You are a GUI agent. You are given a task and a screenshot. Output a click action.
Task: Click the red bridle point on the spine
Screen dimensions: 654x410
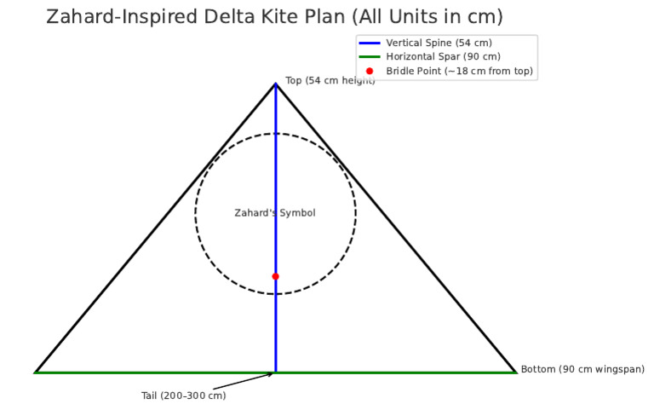(x=275, y=276)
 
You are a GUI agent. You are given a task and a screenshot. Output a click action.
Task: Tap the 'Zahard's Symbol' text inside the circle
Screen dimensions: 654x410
(x=275, y=213)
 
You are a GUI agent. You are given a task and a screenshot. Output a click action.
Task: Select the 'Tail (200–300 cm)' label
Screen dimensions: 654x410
(x=183, y=396)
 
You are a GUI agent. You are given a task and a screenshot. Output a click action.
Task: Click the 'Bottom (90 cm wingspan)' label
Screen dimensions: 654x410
(x=582, y=369)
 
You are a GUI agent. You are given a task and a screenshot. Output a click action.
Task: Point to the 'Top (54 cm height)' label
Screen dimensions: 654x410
(x=330, y=80)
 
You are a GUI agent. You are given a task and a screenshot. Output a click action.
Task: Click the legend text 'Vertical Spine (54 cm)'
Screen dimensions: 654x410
(x=439, y=43)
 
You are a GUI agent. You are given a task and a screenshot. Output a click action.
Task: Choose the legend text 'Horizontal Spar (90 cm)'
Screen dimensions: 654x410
(x=443, y=56)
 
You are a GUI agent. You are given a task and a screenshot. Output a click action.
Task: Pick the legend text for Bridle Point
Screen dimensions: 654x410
(x=459, y=71)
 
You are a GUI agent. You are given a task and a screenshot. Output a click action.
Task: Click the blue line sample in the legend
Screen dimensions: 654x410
(x=370, y=43)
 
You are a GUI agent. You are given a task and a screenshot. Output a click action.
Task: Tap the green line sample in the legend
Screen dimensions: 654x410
(x=370, y=56)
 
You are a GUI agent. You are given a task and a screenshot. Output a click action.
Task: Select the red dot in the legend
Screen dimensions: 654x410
(x=370, y=71)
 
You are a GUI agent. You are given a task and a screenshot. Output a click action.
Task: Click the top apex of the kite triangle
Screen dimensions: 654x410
(x=275, y=84)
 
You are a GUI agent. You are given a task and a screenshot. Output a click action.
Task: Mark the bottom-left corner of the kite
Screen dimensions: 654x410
(x=36, y=372)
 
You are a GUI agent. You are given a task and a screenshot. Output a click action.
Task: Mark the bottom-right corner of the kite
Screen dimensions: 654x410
(x=515, y=372)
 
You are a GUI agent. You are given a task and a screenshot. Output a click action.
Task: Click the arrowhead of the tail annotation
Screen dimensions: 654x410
(x=272, y=373)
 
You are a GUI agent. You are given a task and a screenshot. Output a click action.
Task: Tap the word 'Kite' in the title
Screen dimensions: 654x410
(x=290, y=17)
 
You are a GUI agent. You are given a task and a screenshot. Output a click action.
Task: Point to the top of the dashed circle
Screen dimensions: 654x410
(x=275, y=134)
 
